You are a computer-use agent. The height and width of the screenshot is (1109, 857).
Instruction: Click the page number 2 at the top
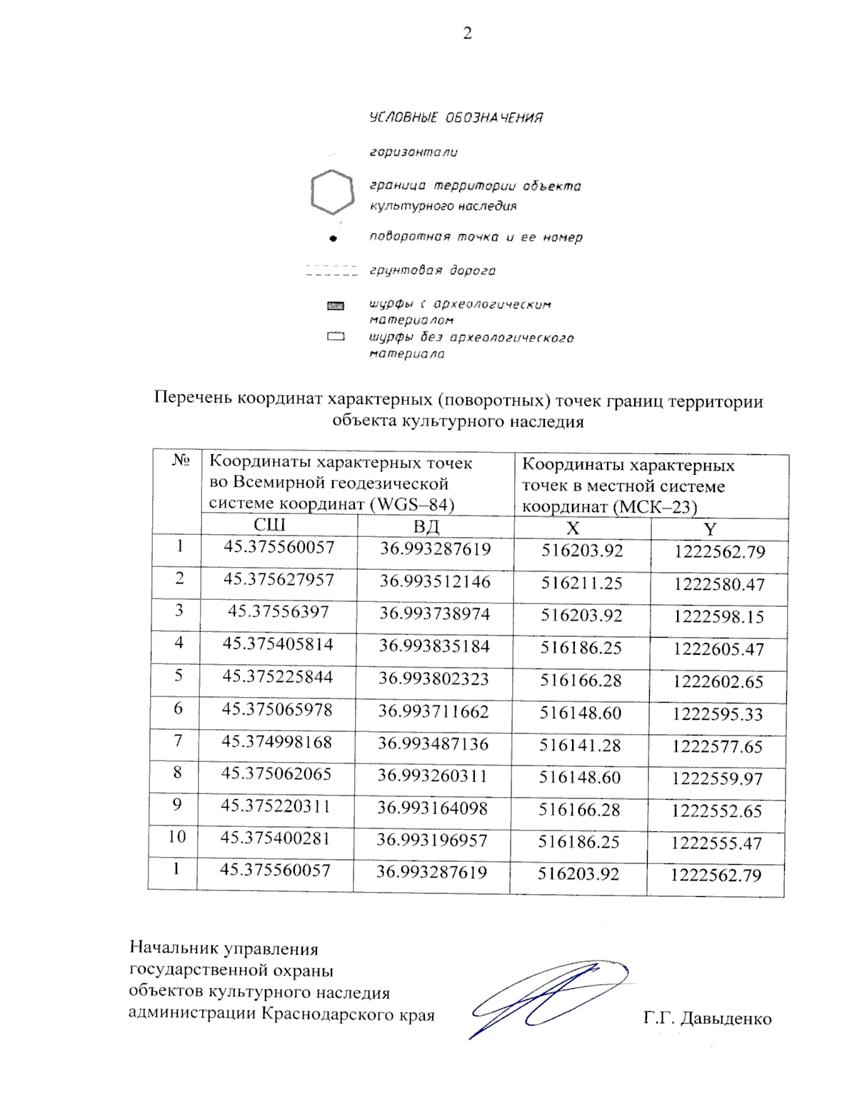tap(467, 33)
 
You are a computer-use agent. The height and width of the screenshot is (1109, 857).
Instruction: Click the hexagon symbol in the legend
tap(332, 192)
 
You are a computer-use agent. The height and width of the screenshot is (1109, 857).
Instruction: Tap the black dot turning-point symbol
tap(332, 238)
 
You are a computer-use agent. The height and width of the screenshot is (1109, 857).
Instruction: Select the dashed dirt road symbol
tap(331, 271)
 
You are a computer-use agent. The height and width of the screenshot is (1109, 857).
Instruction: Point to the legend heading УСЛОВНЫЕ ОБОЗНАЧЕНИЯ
tap(456, 118)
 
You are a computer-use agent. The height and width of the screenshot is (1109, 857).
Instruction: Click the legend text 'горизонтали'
tap(414, 152)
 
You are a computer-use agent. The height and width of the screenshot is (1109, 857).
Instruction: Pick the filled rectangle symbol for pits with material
tap(335, 306)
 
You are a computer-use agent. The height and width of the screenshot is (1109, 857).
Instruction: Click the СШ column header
tap(269, 525)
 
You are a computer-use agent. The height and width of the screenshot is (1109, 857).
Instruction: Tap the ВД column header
tap(426, 527)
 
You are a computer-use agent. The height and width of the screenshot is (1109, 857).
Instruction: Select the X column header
tap(573, 528)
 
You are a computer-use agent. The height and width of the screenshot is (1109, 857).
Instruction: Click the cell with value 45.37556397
tap(278, 612)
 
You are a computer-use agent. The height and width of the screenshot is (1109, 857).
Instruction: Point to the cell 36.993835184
tap(434, 646)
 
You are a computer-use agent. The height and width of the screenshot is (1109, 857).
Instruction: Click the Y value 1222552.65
tap(716, 811)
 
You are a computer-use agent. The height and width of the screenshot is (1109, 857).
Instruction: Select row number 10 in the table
tap(176, 836)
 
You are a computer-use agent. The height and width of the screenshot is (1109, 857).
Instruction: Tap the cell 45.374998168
tap(276, 742)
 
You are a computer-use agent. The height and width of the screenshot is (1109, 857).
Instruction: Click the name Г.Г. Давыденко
tap(707, 1018)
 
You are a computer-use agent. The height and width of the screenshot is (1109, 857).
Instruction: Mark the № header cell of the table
tap(180, 461)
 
